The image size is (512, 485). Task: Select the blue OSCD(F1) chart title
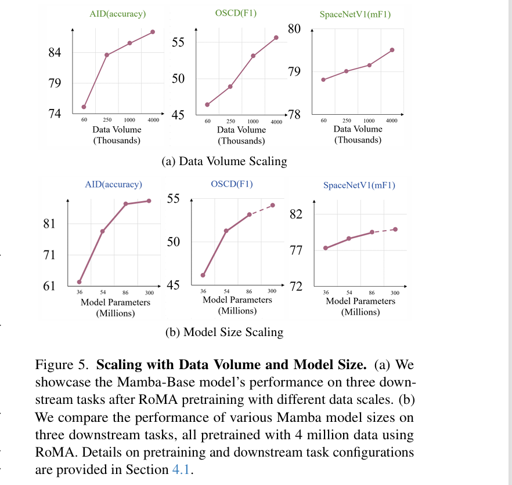click(x=232, y=184)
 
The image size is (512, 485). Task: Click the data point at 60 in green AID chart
click(x=84, y=107)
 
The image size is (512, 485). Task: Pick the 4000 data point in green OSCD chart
click(x=276, y=38)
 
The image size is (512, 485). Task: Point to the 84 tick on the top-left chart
click(x=54, y=53)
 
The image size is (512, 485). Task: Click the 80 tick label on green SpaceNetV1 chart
click(x=295, y=28)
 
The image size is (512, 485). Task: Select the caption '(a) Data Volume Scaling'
click(x=224, y=161)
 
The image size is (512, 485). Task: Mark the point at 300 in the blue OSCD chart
click(x=272, y=205)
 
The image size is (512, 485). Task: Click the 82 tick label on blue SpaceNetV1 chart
click(x=296, y=214)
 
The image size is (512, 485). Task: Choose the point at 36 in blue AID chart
click(x=80, y=282)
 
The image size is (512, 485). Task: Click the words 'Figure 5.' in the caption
click(x=63, y=365)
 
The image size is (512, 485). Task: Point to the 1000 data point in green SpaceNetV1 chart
click(x=369, y=65)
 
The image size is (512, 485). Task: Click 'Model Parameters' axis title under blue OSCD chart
click(x=237, y=300)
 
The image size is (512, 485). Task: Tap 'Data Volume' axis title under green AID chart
click(x=116, y=129)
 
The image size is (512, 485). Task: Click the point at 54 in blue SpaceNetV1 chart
click(x=349, y=239)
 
